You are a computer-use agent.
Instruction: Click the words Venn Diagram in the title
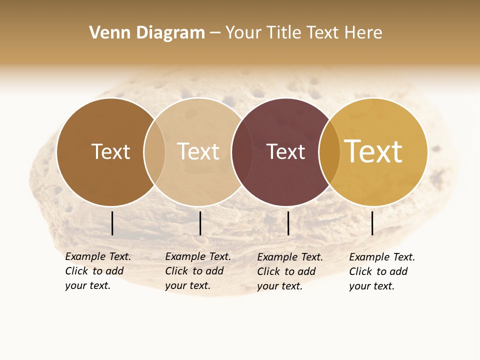147,33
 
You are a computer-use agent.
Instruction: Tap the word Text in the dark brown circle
110,151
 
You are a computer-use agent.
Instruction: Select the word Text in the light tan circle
198,151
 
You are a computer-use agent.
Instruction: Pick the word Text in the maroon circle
285,151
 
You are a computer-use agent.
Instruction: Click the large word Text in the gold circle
373,151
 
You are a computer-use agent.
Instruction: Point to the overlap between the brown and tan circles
154,152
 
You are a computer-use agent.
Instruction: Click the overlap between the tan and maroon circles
242,152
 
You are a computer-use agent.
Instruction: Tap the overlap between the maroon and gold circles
329,152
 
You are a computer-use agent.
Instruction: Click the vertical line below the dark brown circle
112,223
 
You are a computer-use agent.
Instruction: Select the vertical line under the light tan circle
200,223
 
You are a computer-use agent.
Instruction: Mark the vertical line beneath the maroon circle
288,223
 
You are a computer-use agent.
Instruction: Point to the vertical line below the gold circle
372,223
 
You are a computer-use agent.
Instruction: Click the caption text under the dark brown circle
97,271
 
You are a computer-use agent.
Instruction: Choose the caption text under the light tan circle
197,271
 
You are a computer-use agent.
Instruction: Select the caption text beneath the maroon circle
289,271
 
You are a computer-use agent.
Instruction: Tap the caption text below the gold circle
381,271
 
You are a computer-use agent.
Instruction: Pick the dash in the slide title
215,33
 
